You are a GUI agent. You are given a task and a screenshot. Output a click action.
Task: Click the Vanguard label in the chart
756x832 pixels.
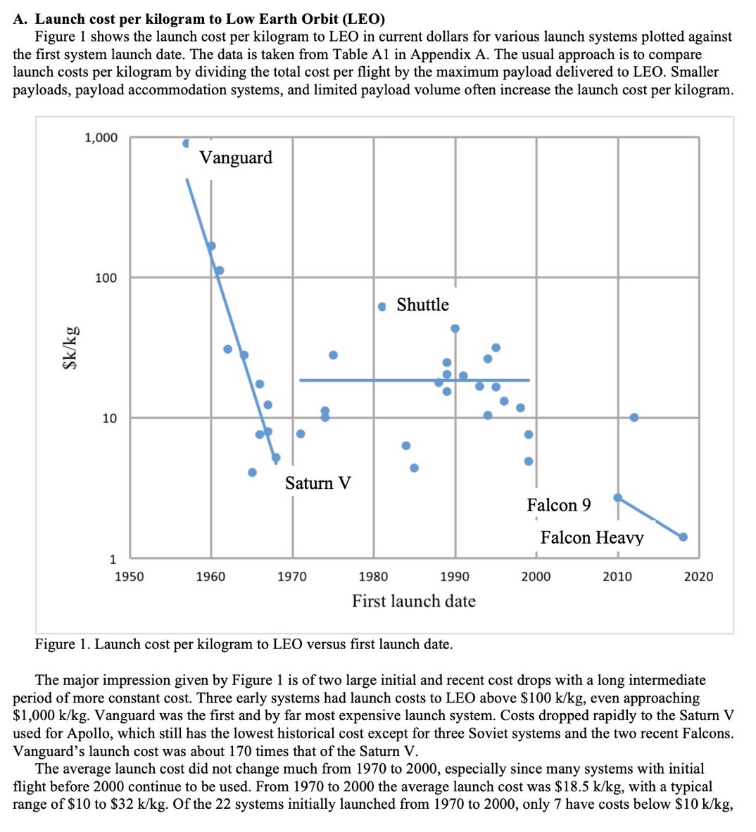tap(236, 157)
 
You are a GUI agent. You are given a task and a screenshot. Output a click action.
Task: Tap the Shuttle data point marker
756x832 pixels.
tap(382, 307)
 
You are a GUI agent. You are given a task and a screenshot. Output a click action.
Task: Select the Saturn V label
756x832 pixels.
tap(317, 483)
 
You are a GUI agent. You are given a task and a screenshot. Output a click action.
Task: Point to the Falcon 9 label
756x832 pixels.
tap(559, 505)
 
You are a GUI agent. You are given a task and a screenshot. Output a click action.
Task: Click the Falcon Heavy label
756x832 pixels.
tap(592, 538)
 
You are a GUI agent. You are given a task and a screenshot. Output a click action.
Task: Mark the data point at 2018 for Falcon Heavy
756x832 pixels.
tap(683, 537)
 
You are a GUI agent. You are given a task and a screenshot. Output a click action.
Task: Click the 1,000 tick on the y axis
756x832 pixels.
tap(101, 138)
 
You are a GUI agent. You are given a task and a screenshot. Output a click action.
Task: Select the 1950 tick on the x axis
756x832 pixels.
tap(129, 577)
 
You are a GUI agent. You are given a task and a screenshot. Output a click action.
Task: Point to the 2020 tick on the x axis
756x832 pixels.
tap(698, 577)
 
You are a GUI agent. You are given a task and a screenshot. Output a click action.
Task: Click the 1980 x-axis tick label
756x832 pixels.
tap(373, 577)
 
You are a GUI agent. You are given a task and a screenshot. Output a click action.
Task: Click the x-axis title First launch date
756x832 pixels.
tap(414, 601)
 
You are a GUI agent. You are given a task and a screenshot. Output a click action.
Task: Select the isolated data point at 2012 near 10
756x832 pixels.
tap(634, 417)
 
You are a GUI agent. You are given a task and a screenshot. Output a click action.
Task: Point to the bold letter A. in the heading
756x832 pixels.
tap(21, 19)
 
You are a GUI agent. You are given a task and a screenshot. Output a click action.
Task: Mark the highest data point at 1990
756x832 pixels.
tap(455, 328)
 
